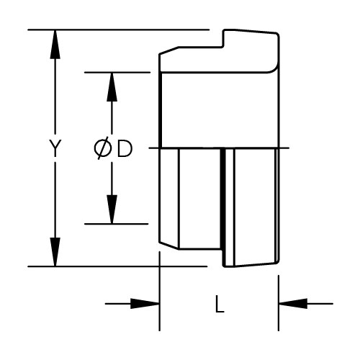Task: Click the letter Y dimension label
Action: tap(55, 148)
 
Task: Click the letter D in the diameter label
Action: tap(125, 149)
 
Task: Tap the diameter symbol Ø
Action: tap(102, 149)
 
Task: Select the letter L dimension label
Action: tap(220, 304)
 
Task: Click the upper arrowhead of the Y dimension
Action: tap(55, 44)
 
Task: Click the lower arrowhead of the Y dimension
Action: tap(55, 252)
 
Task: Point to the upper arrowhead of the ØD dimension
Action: tap(112, 86)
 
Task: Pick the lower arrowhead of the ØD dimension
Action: tap(112, 210)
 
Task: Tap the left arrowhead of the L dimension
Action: tap(145, 304)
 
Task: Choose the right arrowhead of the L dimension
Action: tap(293, 304)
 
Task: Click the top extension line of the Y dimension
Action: tap(119, 30)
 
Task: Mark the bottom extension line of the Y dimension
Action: tap(117, 266)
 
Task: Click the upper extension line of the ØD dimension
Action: tap(117, 72)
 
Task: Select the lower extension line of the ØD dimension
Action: tap(117, 224)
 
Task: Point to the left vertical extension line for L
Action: tap(160, 292)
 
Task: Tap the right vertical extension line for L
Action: tap(279, 303)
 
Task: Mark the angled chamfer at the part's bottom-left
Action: tap(169, 245)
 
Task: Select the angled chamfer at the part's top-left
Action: tap(169, 50)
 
